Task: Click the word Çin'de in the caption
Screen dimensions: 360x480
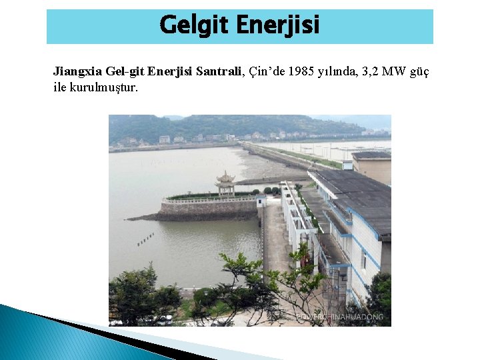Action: pos(267,71)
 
